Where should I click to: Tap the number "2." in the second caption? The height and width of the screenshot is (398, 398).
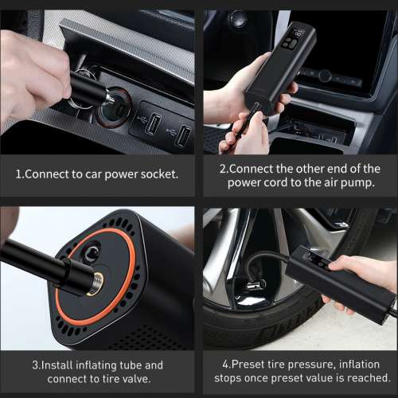coord(224,169)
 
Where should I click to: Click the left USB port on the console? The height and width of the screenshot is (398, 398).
coord(153,123)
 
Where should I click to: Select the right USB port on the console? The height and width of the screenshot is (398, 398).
coord(184,136)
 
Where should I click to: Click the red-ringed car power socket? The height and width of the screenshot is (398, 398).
coord(115,107)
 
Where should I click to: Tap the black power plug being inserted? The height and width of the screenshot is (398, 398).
coord(90,90)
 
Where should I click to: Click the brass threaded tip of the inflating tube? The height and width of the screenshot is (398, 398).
coord(96,283)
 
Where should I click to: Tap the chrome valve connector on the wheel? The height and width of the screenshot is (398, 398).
coord(254,285)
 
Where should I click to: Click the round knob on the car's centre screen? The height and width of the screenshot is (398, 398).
coord(325,76)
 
